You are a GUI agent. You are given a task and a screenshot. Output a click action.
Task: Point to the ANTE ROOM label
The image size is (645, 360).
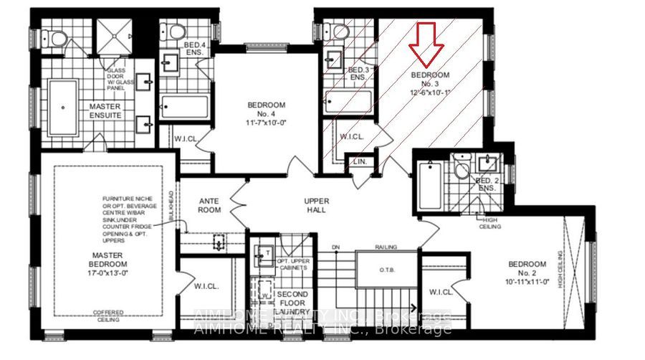coord(209,205)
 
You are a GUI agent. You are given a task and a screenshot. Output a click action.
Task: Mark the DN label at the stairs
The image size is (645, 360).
coord(335,247)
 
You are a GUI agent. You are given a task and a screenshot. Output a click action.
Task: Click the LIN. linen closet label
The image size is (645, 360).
coord(360,163)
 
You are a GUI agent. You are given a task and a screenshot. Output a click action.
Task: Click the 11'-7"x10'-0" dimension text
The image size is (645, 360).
coord(267,123)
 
